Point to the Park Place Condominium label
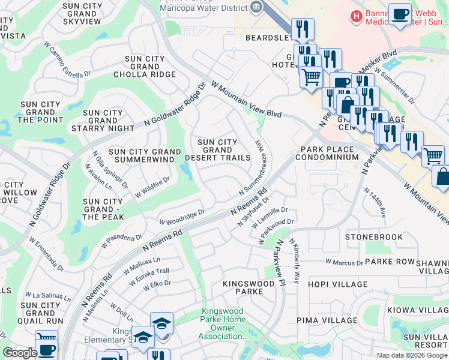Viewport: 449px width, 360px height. point(330,153)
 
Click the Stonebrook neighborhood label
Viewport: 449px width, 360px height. point(374,237)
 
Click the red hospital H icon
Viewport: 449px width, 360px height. point(357,15)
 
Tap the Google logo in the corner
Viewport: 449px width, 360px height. point(20,353)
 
